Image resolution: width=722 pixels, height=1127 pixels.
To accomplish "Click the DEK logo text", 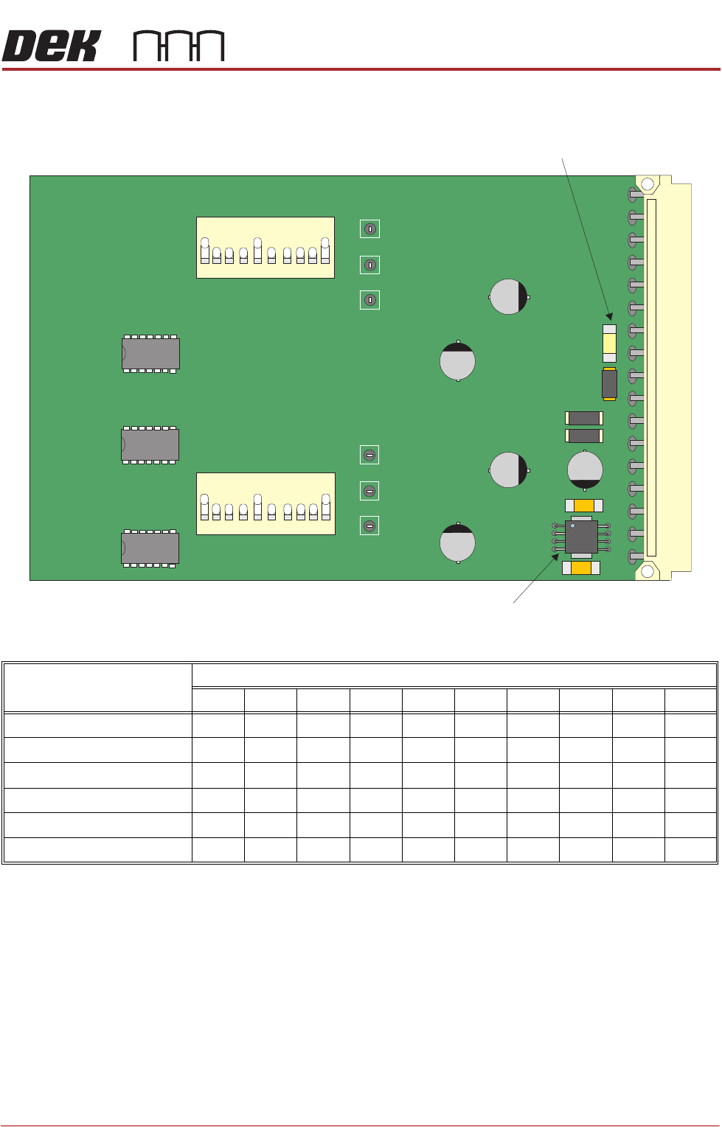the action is click(x=50, y=46).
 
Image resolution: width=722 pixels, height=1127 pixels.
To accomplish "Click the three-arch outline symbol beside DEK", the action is click(x=178, y=46).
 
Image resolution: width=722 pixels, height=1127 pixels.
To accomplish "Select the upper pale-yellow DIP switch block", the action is click(x=265, y=248).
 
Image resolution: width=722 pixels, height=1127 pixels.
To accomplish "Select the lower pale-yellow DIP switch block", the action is click(x=265, y=503).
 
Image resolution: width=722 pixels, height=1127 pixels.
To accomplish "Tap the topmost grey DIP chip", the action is click(x=150, y=354).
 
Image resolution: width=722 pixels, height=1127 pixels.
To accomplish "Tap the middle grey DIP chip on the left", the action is click(x=150, y=445).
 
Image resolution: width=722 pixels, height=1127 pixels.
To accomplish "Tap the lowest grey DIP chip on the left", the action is click(x=150, y=548).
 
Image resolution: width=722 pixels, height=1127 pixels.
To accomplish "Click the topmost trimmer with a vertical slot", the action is click(x=370, y=229).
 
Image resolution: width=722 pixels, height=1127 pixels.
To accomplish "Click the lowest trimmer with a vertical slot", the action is click(x=370, y=300).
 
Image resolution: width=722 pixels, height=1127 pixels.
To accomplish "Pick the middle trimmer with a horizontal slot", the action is click(x=370, y=491).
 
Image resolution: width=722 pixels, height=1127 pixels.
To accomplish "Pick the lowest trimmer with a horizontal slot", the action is click(x=370, y=526).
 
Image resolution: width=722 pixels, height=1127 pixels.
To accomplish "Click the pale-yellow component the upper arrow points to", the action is click(x=609, y=343).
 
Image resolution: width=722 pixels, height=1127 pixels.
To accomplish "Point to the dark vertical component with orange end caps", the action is click(x=609, y=383).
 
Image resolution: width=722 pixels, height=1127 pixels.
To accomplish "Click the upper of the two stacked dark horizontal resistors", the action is click(x=584, y=418).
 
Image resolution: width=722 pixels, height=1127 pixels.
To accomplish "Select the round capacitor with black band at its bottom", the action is click(x=585, y=470).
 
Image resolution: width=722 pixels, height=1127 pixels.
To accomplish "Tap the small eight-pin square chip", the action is click(x=581, y=537).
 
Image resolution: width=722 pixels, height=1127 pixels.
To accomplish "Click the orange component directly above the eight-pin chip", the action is click(x=584, y=506).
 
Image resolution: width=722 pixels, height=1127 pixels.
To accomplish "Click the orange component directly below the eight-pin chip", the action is click(x=581, y=568).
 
